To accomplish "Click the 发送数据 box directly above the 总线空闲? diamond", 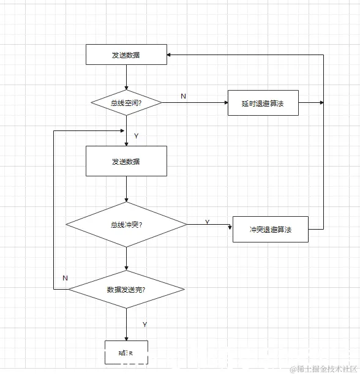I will click(x=126, y=55).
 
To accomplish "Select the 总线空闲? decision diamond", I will click(x=126, y=103).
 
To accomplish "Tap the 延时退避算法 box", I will click(x=263, y=103).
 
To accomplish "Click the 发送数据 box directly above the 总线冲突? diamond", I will click(x=126, y=161).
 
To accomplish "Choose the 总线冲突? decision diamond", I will click(x=126, y=225).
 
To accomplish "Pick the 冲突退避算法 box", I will click(x=270, y=229).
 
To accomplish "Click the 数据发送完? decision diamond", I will click(x=126, y=289).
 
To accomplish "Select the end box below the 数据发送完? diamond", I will click(x=126, y=352).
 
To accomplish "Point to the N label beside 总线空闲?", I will click(x=183, y=96).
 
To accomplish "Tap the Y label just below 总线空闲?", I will click(x=136, y=135).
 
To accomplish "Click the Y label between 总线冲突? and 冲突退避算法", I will click(x=207, y=222).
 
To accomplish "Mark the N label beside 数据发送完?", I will click(x=65, y=278).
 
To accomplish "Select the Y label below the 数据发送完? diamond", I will click(x=144, y=324).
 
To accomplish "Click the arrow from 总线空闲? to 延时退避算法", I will click(x=195, y=103).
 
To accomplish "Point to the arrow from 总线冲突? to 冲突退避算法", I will click(x=209, y=225).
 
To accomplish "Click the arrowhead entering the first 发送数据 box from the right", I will click(x=171, y=55).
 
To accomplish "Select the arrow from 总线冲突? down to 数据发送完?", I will click(x=126, y=258).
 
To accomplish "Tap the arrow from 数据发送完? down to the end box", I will click(x=126, y=325).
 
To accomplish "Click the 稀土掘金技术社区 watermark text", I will click(x=324, y=369).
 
